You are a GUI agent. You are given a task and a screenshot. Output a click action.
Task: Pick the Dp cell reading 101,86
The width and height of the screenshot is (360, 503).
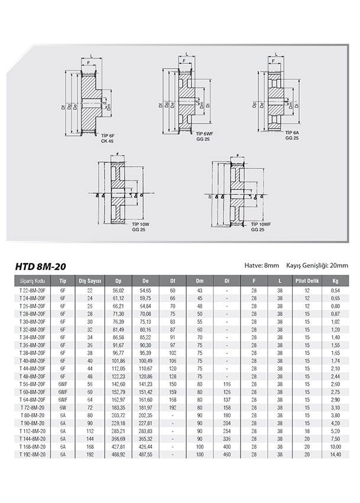point(120,361)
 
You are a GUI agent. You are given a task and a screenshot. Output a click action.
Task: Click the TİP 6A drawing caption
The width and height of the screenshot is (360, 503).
point(292,132)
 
